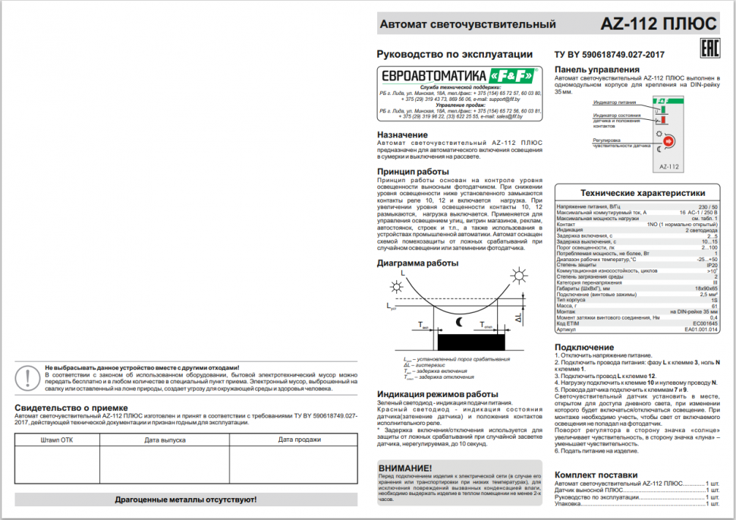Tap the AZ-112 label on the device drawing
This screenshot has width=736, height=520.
[668, 166]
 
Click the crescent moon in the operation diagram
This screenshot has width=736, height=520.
[458, 322]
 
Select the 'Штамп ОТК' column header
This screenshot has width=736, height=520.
[57, 439]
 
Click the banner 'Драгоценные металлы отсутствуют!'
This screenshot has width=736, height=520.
[186, 500]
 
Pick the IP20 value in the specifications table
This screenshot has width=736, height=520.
[711, 265]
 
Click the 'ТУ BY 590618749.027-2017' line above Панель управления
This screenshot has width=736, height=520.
[609, 55]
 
